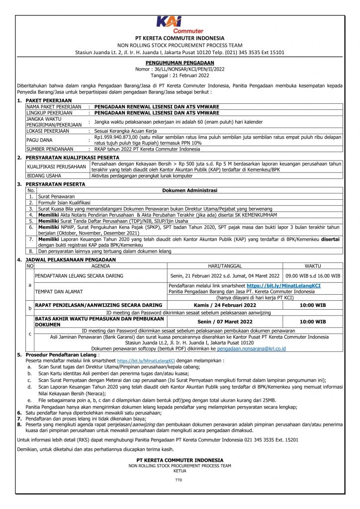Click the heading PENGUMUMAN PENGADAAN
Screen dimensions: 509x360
coord(180,64)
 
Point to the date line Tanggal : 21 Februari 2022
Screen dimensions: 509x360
coord(180,76)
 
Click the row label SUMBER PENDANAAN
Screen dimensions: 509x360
coord(49,149)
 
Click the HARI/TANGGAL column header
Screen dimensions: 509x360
coord(224,266)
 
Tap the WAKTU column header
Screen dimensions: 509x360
coord(313,266)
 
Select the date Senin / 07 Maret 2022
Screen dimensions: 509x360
coord(224,322)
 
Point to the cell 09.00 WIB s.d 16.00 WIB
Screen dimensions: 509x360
coord(313,275)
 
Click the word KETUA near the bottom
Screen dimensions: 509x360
coord(180,471)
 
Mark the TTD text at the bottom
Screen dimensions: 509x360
coord(179,481)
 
